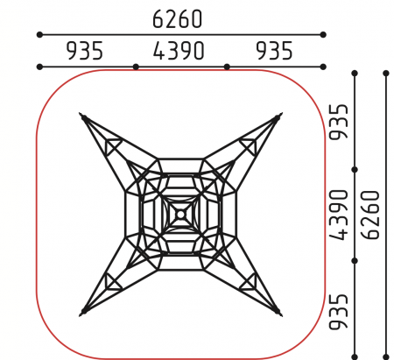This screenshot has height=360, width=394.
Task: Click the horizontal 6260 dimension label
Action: (x=177, y=19)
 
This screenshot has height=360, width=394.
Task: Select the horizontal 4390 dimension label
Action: (x=179, y=51)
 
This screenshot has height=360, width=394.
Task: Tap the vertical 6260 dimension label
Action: (x=370, y=215)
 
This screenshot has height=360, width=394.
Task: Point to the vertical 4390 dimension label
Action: (x=339, y=215)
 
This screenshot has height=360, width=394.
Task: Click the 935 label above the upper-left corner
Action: (x=85, y=51)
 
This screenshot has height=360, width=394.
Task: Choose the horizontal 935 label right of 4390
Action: (x=274, y=51)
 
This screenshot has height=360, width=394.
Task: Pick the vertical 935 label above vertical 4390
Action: (x=339, y=122)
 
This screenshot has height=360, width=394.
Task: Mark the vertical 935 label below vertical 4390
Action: (x=339, y=312)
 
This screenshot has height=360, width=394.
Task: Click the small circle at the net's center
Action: (x=180, y=215)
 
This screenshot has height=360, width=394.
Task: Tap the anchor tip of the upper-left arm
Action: (x=80, y=113)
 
